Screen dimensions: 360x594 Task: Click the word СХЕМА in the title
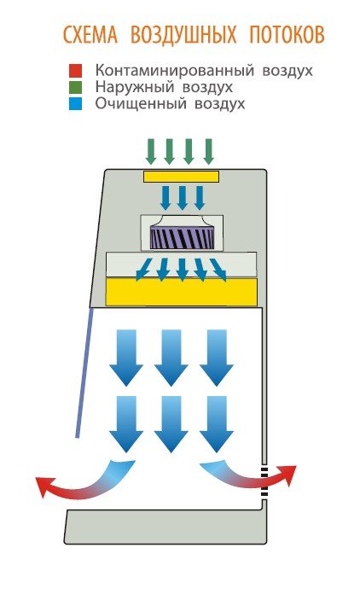[x=90, y=35]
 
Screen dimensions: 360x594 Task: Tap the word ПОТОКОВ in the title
[x=287, y=35]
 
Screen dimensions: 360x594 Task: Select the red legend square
[x=75, y=71]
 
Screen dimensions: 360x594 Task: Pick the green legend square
[x=75, y=87]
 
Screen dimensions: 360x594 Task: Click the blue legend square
[x=75, y=104]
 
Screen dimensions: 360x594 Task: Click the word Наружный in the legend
[x=133, y=88]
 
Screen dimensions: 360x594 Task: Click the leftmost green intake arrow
[x=151, y=152]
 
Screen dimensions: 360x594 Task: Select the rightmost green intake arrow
[x=209, y=152]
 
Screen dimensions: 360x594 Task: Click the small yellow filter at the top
[x=181, y=177]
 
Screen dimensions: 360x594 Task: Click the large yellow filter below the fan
[x=182, y=292]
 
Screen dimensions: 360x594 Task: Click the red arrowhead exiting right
[x=287, y=475]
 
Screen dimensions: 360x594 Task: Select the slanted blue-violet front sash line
[x=84, y=373]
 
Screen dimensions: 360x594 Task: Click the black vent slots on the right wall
[x=264, y=482]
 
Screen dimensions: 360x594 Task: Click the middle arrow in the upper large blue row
[x=171, y=358]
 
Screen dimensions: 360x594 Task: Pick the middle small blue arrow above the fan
[x=182, y=198]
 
